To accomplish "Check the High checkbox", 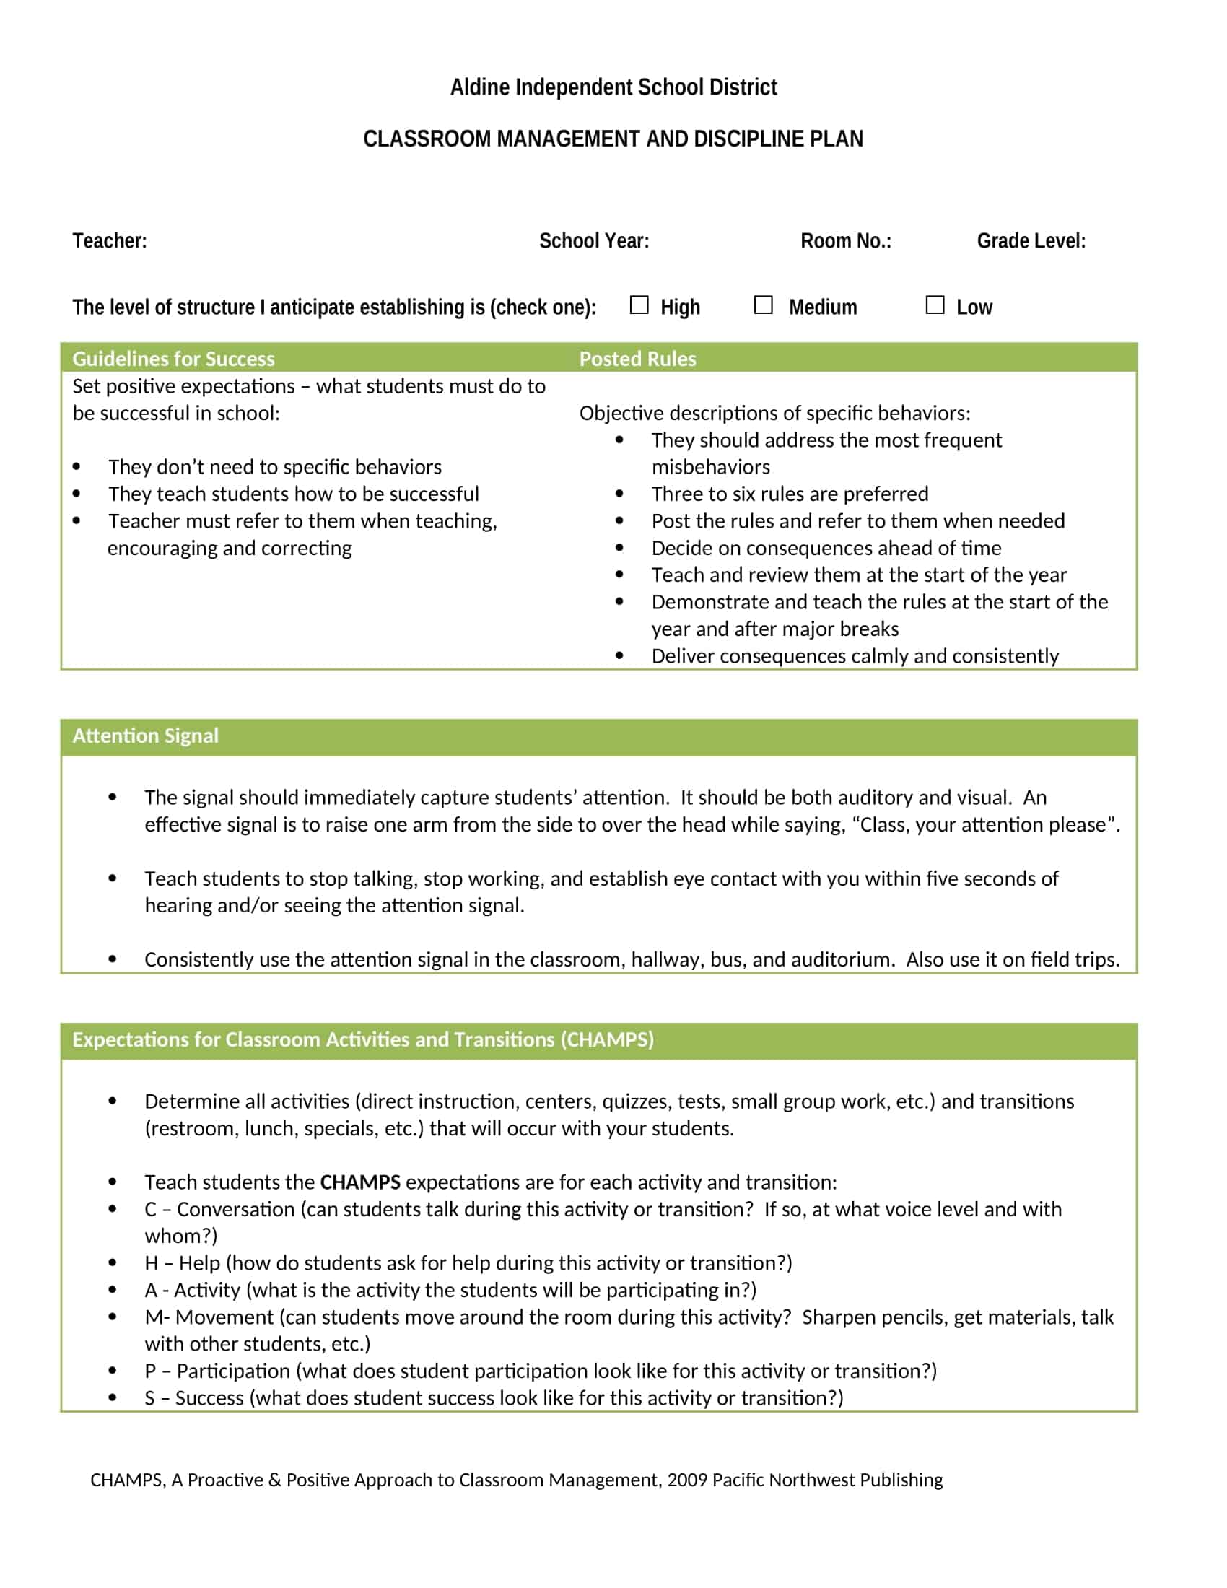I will click(x=639, y=305).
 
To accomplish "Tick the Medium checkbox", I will click(x=763, y=305).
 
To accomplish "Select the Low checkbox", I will click(x=935, y=305).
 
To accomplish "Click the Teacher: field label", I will click(x=110, y=240).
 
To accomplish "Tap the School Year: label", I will click(x=594, y=240).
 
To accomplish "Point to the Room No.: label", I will click(x=845, y=240).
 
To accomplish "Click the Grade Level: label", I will click(x=1031, y=240).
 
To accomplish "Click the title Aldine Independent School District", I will click(x=613, y=87).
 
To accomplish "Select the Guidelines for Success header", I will click(x=174, y=359).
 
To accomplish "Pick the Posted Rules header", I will click(x=637, y=359).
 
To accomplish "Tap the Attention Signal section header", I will click(x=145, y=736).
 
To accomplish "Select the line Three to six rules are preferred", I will click(x=790, y=494).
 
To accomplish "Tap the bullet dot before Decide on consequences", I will click(x=619, y=548).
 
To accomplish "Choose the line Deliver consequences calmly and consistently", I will click(x=855, y=656).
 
